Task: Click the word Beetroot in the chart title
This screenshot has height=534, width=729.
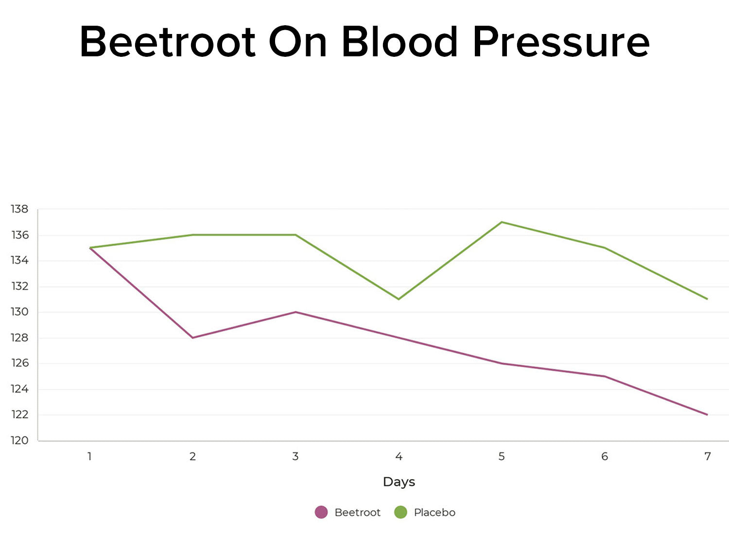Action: pyautogui.click(x=168, y=42)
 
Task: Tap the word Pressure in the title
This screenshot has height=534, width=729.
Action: pyautogui.click(x=561, y=42)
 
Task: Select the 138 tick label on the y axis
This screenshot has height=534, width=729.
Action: pyautogui.click(x=20, y=209)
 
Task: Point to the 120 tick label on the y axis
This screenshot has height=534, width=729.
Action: pyautogui.click(x=20, y=440)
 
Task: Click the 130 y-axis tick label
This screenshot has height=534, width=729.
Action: pyautogui.click(x=20, y=312)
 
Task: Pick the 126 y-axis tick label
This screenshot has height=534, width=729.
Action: pyautogui.click(x=20, y=363)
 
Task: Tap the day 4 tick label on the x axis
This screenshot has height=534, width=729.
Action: pyautogui.click(x=399, y=456)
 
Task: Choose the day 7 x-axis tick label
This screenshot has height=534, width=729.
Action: pyautogui.click(x=707, y=456)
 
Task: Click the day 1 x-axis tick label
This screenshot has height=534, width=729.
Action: pyautogui.click(x=90, y=456)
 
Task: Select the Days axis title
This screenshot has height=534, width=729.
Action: pyautogui.click(x=399, y=482)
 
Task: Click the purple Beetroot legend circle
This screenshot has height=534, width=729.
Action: pyautogui.click(x=321, y=512)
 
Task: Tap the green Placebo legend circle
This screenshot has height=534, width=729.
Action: pyautogui.click(x=400, y=512)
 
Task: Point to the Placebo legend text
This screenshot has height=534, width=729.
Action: pyautogui.click(x=434, y=512)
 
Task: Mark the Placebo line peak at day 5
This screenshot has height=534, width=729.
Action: pyautogui.click(x=502, y=222)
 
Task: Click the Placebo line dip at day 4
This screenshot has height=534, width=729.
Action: pyautogui.click(x=399, y=299)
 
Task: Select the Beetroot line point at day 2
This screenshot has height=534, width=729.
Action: pyautogui.click(x=193, y=337)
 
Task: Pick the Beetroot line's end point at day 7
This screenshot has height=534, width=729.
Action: pyautogui.click(x=707, y=415)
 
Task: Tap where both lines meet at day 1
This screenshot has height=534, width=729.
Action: pyautogui.click(x=90, y=248)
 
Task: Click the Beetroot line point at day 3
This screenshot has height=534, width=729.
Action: pyautogui.click(x=295, y=312)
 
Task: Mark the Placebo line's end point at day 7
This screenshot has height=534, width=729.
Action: pyautogui.click(x=707, y=299)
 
